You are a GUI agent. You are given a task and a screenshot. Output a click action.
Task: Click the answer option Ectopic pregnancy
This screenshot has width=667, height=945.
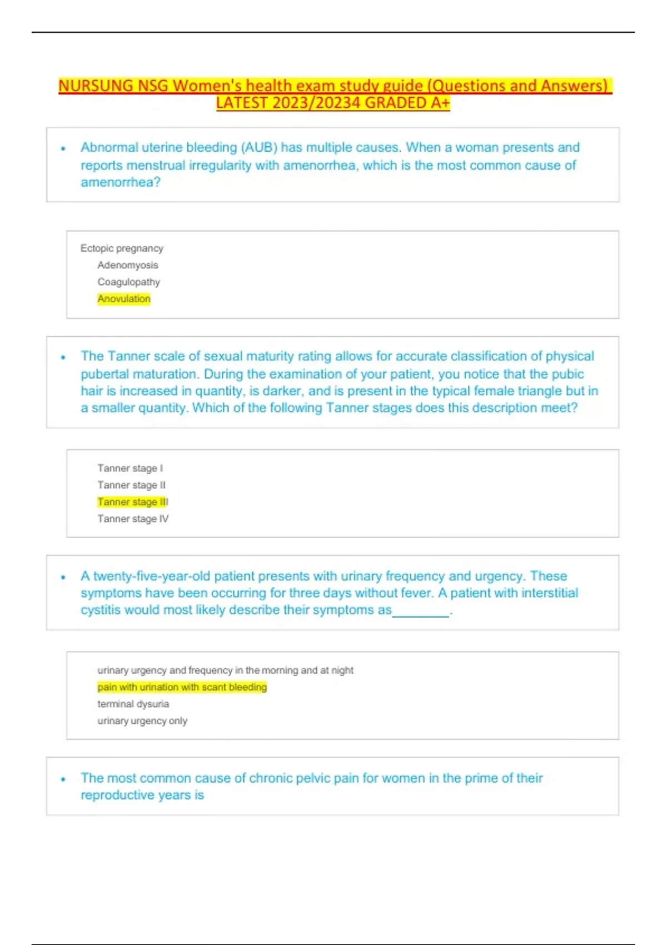click(x=122, y=248)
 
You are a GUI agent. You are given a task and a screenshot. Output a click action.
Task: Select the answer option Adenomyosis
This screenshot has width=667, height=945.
click(x=128, y=265)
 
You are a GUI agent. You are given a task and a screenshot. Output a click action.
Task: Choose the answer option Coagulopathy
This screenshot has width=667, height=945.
click(x=128, y=282)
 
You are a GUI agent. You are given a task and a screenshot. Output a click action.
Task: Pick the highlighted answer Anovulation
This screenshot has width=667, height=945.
click(x=124, y=299)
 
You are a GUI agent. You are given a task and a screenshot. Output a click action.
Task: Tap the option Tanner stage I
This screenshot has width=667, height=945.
click(x=130, y=468)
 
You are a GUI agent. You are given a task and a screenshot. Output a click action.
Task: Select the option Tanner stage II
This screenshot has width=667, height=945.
click(x=131, y=485)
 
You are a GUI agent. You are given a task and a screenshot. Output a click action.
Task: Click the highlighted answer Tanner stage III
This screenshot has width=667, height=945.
click(x=132, y=502)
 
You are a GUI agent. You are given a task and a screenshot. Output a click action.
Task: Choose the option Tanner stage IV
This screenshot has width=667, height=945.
click(x=133, y=519)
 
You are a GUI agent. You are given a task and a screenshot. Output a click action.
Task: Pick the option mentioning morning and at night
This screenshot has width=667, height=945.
click(x=225, y=670)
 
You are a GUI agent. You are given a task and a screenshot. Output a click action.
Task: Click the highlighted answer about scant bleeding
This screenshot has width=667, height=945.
click(x=182, y=687)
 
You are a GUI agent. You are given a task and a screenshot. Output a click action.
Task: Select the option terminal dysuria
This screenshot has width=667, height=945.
click(x=133, y=704)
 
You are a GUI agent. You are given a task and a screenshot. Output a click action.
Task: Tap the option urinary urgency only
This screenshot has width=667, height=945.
click(x=142, y=721)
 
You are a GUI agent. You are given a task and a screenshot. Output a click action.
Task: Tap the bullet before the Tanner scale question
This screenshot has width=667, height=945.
click(x=63, y=357)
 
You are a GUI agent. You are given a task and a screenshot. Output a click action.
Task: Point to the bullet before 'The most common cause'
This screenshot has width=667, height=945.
click(x=63, y=779)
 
